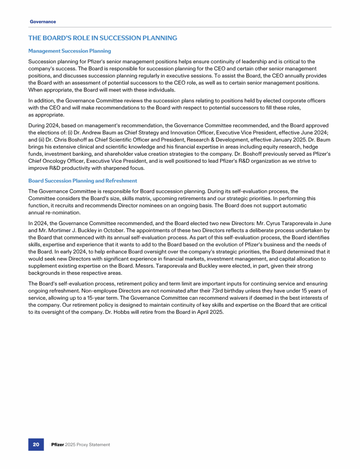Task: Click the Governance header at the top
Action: (x=43, y=22)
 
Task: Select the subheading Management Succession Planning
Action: (x=69, y=51)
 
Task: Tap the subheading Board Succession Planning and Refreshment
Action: (x=82, y=181)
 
